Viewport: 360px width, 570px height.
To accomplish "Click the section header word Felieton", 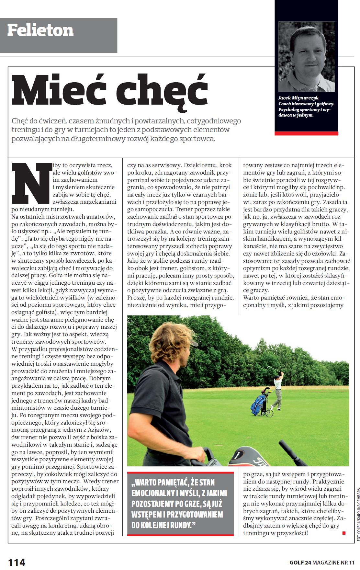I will [40, 31].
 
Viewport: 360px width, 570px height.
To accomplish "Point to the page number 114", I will [17, 562].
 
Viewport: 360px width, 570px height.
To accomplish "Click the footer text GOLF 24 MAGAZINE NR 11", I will [322, 562].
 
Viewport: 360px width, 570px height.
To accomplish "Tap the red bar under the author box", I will [307, 133].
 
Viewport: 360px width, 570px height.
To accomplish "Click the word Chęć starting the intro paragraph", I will [21, 121].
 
